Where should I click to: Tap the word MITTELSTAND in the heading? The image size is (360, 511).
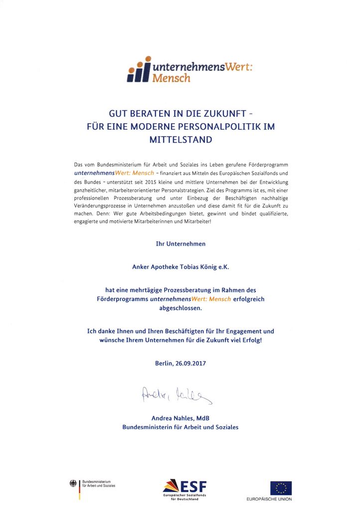180,140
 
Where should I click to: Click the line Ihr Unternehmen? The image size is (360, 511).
180,244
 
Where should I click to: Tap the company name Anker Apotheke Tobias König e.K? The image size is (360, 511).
180,267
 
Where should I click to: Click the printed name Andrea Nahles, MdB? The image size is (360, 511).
180,418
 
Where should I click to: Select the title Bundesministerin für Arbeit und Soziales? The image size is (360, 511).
180,427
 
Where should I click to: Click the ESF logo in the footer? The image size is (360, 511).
184,488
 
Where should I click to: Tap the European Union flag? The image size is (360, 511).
281,488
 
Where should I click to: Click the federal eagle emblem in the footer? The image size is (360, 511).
73,483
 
